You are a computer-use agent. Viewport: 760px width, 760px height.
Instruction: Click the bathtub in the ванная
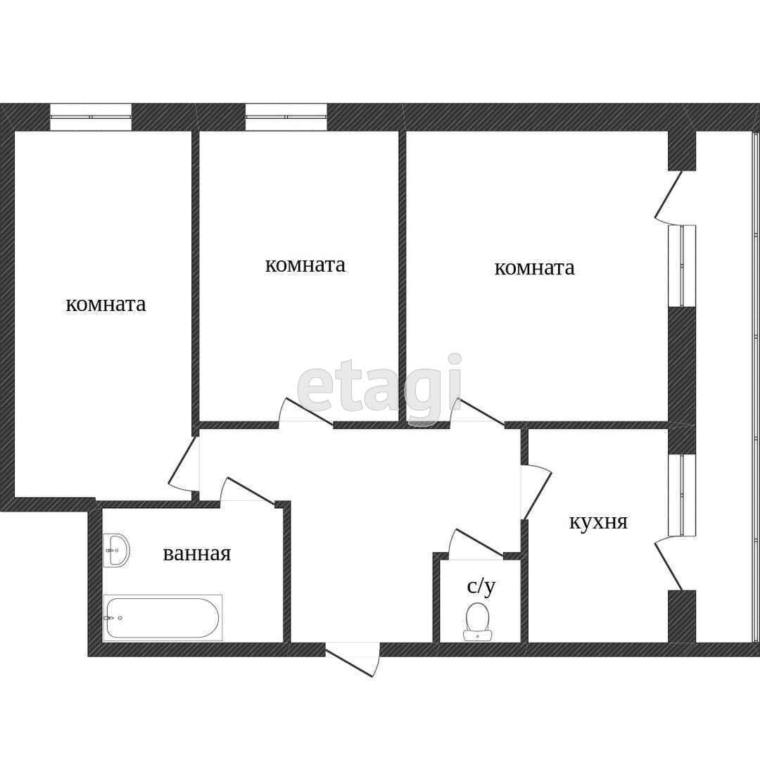[163, 618]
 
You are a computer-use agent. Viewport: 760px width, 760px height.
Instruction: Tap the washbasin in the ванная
[116, 550]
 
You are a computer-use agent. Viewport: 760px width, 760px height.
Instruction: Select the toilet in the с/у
[477, 621]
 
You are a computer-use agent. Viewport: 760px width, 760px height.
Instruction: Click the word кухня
[598, 522]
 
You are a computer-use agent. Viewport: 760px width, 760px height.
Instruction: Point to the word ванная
[197, 554]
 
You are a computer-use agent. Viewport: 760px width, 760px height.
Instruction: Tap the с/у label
[481, 586]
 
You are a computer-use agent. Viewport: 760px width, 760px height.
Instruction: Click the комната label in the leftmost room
[106, 305]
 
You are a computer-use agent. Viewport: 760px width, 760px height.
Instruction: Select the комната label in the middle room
[305, 265]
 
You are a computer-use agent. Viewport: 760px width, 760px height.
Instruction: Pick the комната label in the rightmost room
[535, 267]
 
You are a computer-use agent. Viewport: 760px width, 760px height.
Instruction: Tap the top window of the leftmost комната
[91, 117]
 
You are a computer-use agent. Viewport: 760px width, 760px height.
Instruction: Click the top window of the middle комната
[286, 117]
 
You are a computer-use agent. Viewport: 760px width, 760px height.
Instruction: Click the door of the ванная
[248, 490]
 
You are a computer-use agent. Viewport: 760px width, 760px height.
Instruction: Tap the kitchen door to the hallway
[536, 492]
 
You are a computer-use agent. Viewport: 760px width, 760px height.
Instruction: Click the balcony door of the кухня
[669, 564]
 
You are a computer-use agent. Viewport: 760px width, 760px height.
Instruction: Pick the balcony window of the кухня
[682, 495]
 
